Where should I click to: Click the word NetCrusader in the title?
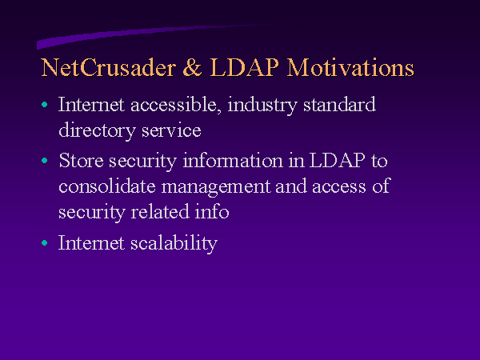pyautogui.click(x=109, y=67)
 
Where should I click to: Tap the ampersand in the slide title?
pyautogui.click(x=192, y=67)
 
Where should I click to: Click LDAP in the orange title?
pyautogui.click(x=245, y=67)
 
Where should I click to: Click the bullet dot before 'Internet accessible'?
pyautogui.click(x=45, y=104)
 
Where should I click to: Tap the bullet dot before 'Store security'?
pyautogui.click(x=45, y=160)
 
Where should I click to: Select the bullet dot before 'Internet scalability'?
pyautogui.click(x=45, y=242)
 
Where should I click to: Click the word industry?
pyautogui.click(x=262, y=106)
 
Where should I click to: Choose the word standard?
pyautogui.click(x=339, y=104)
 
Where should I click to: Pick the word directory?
pyautogui.click(x=97, y=131)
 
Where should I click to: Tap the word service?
pyautogui.click(x=171, y=130)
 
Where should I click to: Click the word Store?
pyautogui.click(x=81, y=160)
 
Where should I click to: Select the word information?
pyautogui.click(x=233, y=160)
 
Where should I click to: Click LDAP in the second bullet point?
pyautogui.click(x=338, y=160)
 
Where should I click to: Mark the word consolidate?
pyautogui.click(x=107, y=186)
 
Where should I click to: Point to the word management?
pyautogui.click(x=216, y=187)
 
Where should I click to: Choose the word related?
pyautogui.click(x=160, y=211)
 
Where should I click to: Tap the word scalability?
pyautogui.click(x=174, y=244)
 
